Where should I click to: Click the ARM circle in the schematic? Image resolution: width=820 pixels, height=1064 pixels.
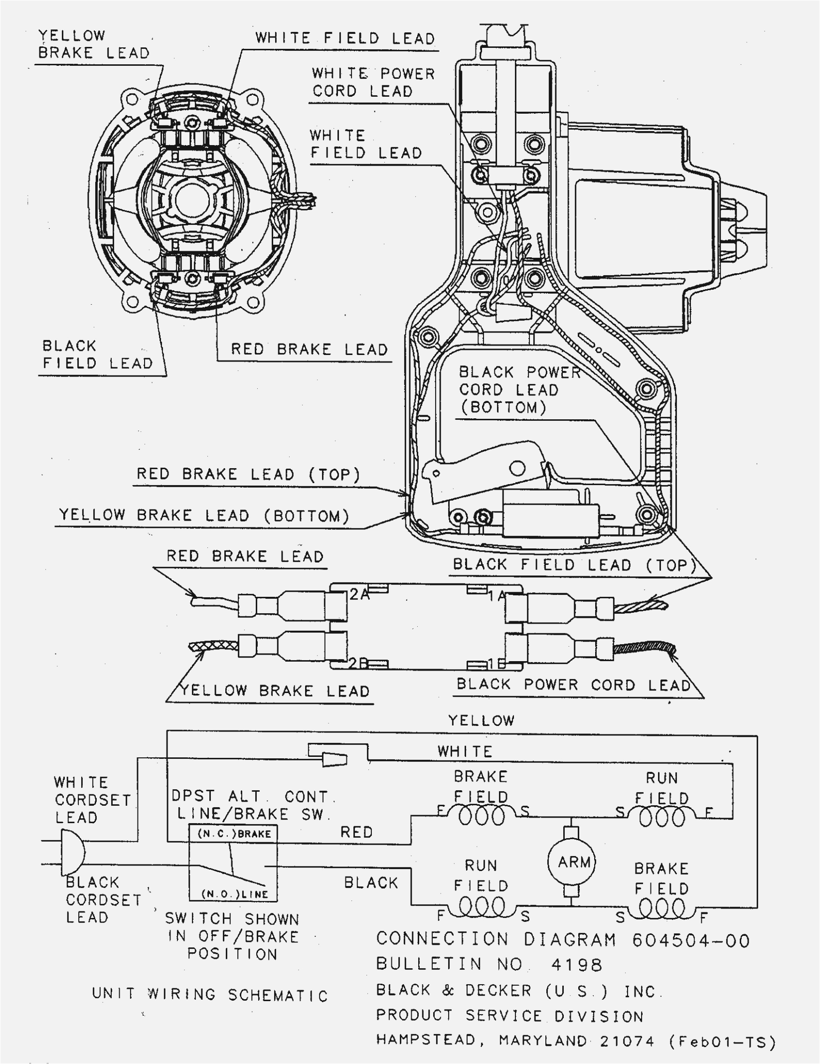coord(572,862)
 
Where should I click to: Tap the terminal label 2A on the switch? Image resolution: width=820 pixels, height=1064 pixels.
coord(359,594)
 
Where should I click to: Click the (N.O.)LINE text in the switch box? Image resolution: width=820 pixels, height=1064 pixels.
coord(235,894)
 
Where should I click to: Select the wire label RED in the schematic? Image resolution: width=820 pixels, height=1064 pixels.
coord(356,832)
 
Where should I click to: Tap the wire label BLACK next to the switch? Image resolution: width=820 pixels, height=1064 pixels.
coord(371,883)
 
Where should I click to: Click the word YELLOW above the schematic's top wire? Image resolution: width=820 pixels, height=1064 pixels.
coord(481,720)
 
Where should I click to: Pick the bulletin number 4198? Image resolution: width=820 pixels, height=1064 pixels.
coord(577,965)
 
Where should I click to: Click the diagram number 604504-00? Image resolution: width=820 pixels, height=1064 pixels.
coord(691,940)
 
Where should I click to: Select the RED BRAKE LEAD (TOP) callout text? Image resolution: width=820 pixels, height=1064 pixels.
coord(248,474)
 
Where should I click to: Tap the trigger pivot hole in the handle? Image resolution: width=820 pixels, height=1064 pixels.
coord(517,468)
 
